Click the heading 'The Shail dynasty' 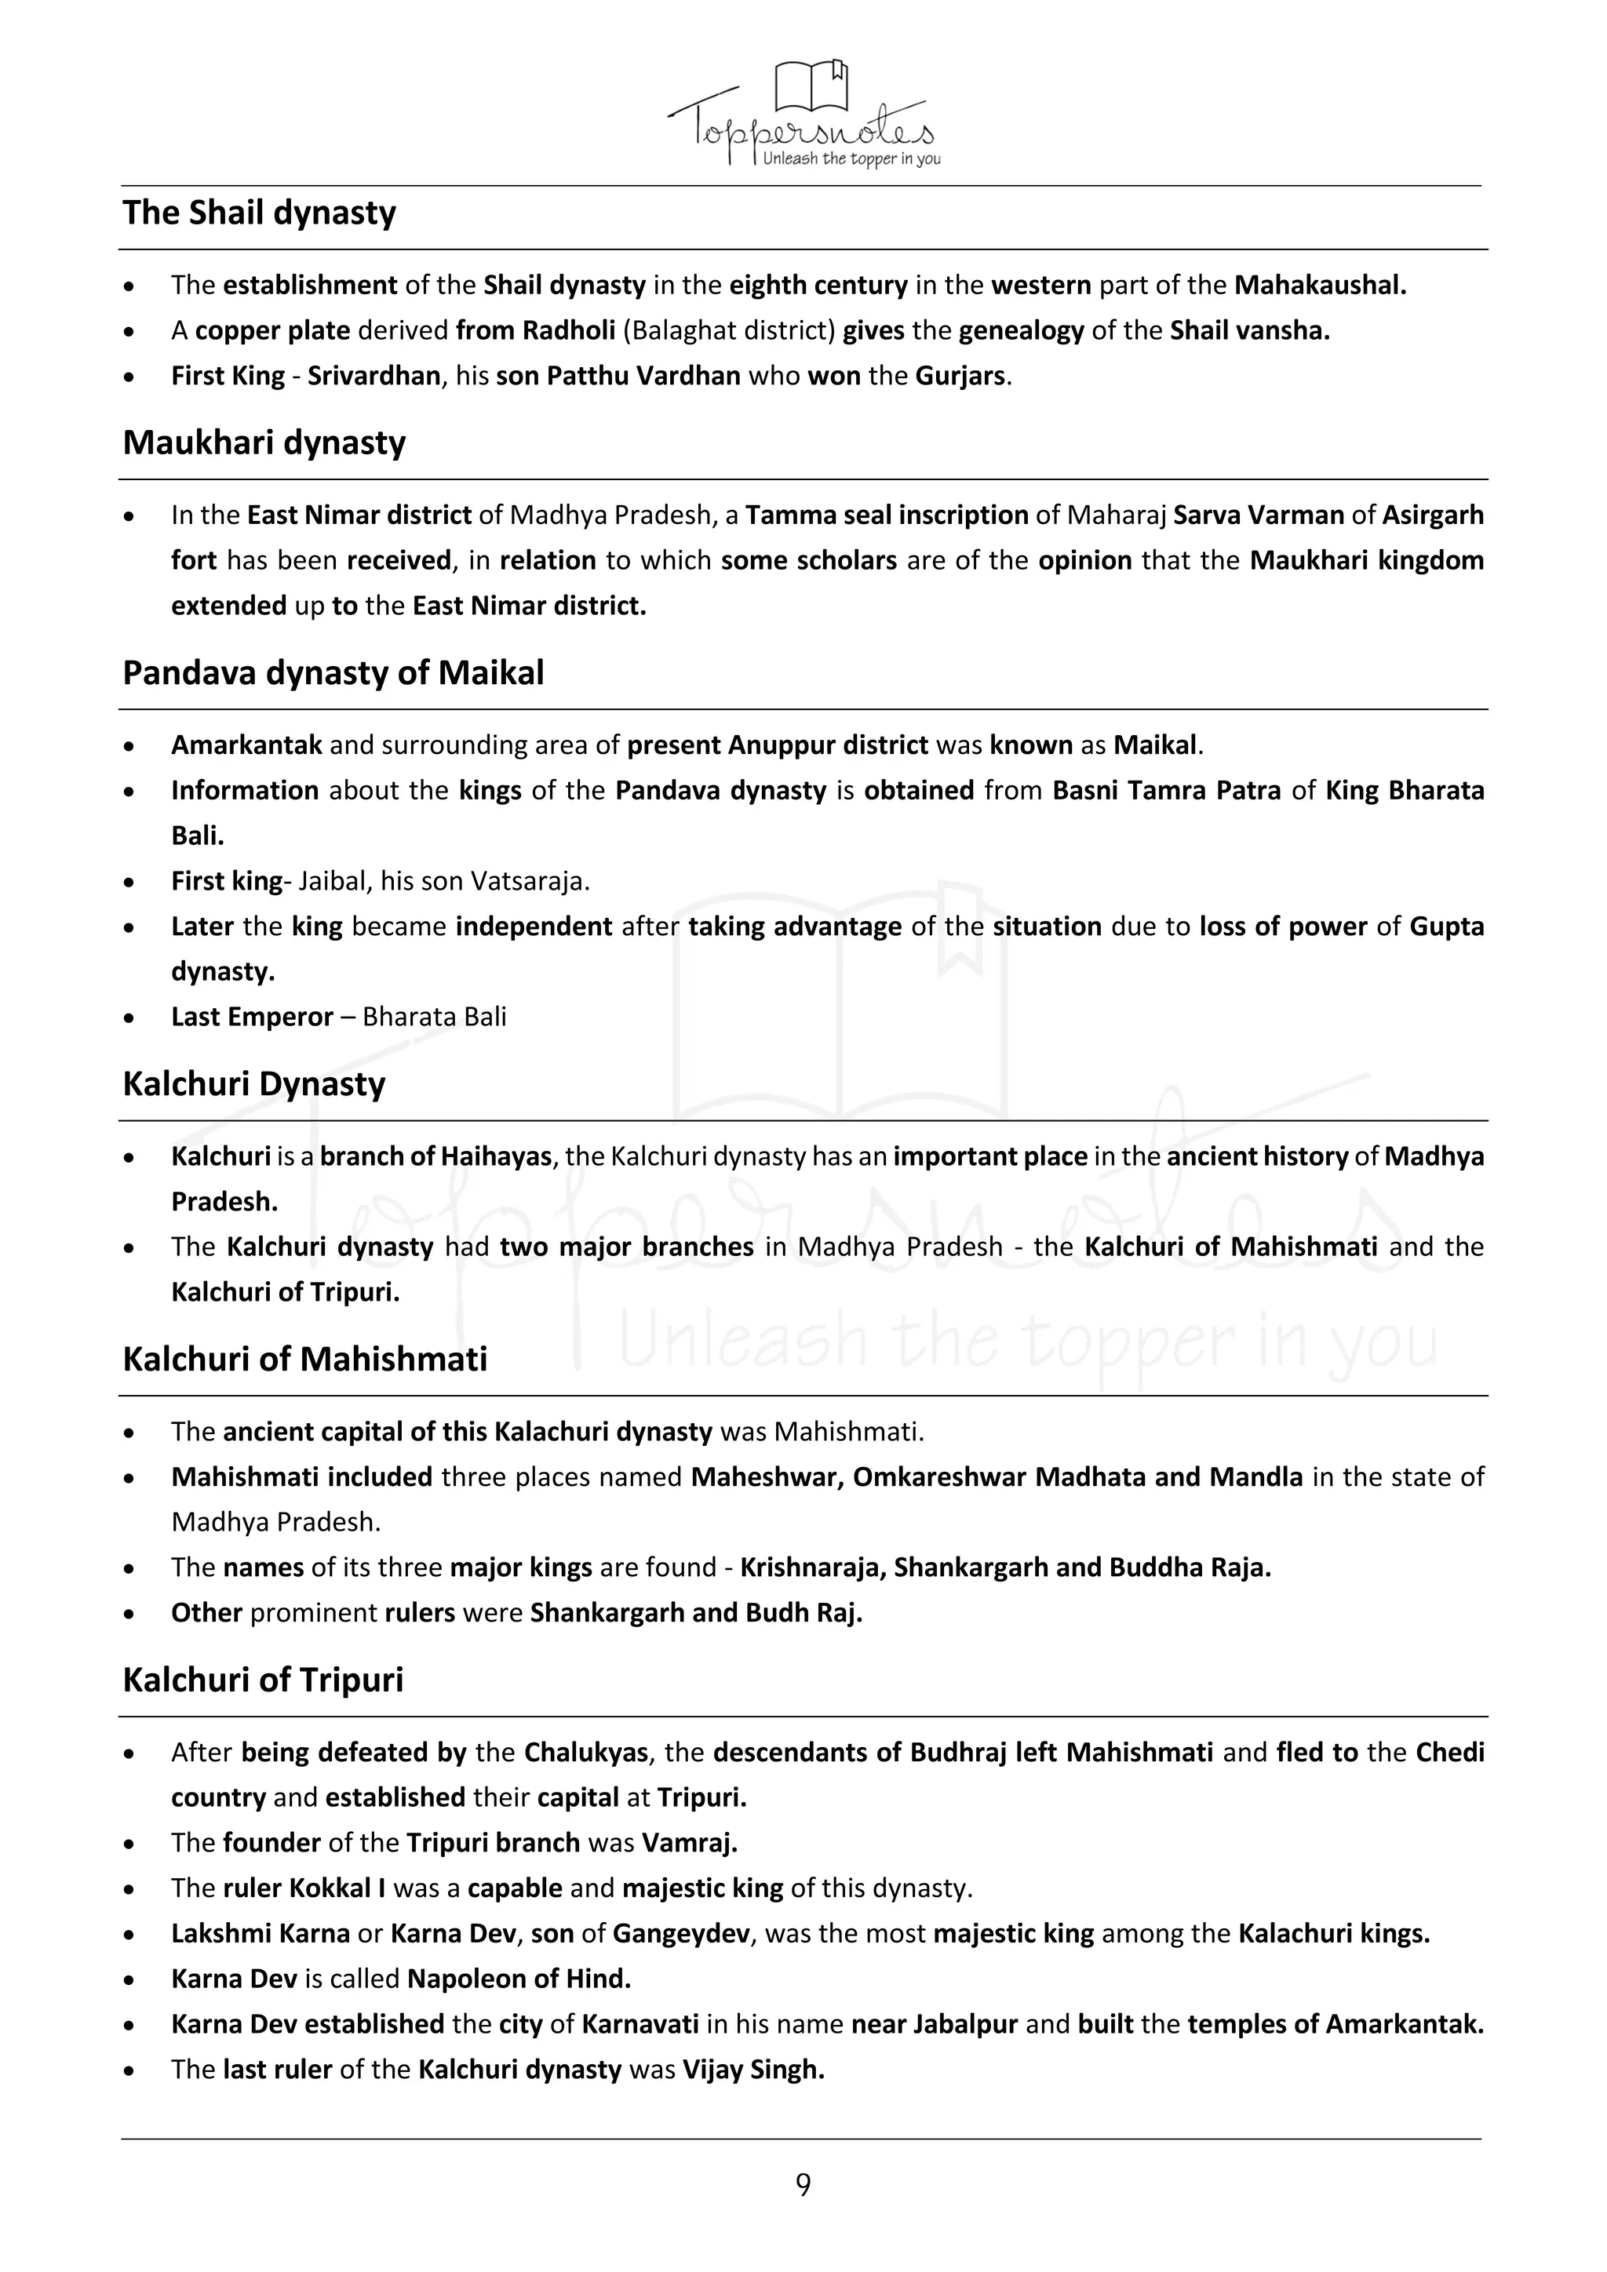pos(259,213)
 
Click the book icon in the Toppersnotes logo pos(811,86)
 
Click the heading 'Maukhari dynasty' pos(264,442)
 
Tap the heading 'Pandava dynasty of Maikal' pos(333,673)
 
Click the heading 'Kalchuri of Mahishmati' pos(304,1359)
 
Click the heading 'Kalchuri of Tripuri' pos(263,1680)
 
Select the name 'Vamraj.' pos(690,1843)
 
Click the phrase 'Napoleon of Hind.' pos(519,1979)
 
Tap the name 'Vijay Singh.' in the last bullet pos(753,2070)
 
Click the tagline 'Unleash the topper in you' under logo pos(851,159)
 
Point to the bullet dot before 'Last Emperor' pos(129,1018)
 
